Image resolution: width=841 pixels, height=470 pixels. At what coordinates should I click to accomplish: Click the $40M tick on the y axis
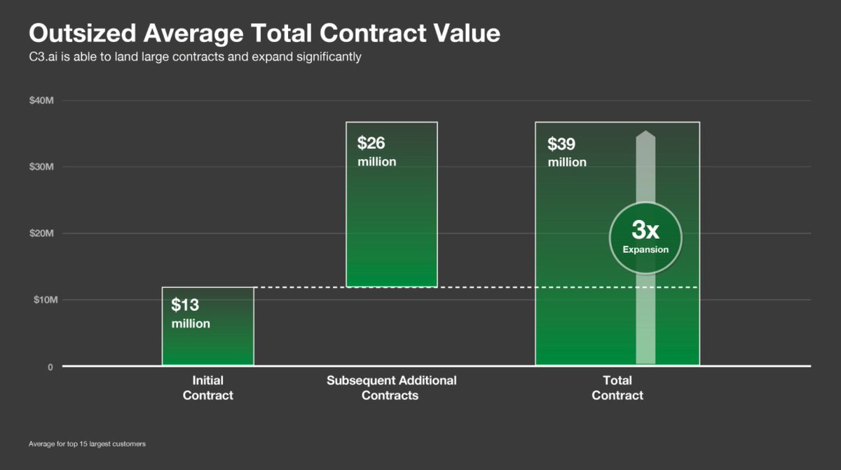coord(41,101)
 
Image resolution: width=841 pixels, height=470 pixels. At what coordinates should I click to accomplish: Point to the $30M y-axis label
coord(41,167)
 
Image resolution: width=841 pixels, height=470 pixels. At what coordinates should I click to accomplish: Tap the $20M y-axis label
coord(41,233)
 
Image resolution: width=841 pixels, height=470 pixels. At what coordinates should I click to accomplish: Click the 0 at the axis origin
coord(50,366)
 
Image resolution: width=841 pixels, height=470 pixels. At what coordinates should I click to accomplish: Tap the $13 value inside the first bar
coord(185,305)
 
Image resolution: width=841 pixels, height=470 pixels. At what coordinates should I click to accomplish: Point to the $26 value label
coord(371,143)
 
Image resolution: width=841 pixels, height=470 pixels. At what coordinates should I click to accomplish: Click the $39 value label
coord(562,144)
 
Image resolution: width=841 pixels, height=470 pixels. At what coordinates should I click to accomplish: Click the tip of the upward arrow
coord(645,133)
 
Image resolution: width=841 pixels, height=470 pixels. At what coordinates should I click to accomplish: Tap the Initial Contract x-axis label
coord(207,388)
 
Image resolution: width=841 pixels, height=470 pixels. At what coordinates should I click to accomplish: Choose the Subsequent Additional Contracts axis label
coord(391,388)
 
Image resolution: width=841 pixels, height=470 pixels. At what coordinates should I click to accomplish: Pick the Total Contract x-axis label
coord(617,388)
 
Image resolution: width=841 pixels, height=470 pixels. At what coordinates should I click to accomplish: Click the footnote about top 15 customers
coord(87,444)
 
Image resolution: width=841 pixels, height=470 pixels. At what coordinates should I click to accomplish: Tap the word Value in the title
coord(465,33)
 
